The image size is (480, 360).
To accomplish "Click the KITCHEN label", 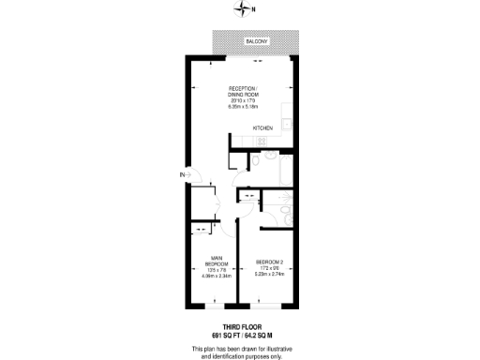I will tap(262, 128).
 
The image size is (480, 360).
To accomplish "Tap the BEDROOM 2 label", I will tap(268, 262).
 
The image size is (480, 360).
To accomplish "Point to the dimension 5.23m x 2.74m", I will tap(268, 275).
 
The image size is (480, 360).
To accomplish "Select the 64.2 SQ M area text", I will tap(262, 334).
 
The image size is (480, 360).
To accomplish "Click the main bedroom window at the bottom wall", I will tap(214, 305).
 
